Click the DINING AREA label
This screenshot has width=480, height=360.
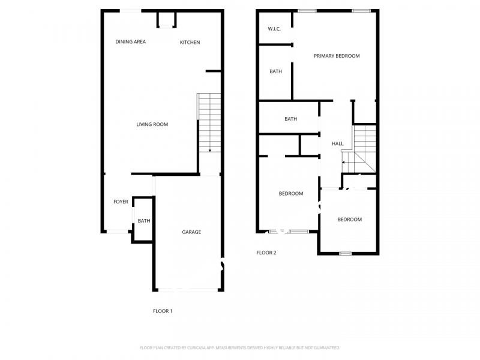130,41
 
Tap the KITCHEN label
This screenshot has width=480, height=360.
190,42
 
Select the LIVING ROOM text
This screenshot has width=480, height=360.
152,124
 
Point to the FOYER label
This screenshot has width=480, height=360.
121,202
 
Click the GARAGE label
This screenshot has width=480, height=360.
191,232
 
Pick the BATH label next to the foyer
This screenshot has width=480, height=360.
144,221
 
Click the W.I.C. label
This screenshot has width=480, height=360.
274,29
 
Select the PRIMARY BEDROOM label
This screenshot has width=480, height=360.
337,56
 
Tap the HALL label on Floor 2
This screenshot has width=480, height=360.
338,143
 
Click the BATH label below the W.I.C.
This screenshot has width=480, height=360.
275,71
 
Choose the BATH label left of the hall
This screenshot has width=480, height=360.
290,119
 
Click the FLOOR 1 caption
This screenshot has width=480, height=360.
163,311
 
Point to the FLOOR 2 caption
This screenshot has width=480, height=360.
266,253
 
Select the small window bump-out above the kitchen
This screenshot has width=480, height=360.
167,20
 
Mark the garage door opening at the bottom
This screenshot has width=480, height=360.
188,290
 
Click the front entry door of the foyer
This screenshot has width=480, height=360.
117,232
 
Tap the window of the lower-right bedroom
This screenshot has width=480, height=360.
346,253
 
